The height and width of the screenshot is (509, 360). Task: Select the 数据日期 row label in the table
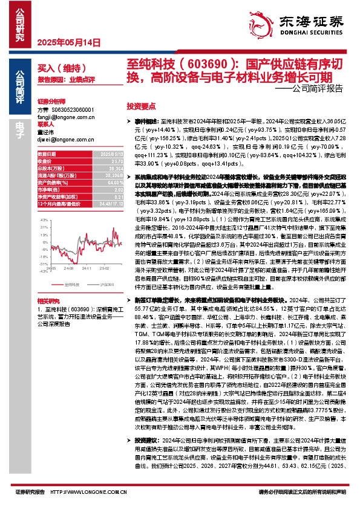(47, 155)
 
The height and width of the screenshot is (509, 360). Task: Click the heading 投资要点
(140, 105)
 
